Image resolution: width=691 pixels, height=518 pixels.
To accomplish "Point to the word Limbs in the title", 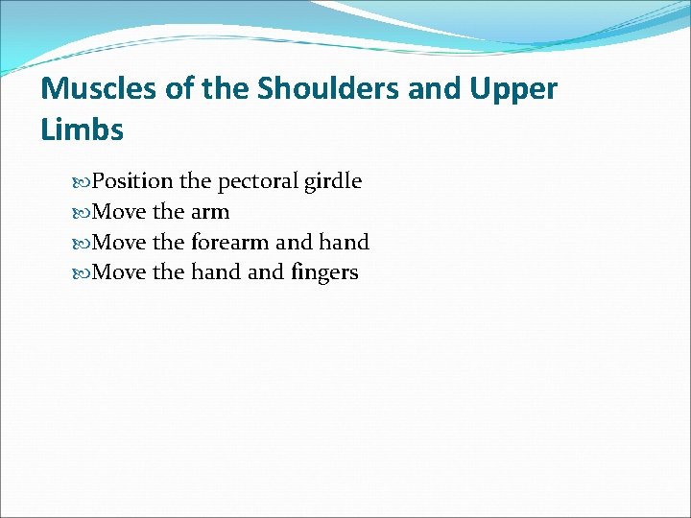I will (x=83, y=129).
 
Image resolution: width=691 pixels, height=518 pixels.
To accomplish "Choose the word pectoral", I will (x=259, y=180).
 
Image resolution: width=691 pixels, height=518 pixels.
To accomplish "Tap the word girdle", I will (x=333, y=180).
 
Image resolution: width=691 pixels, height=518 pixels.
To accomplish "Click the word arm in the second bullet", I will (x=210, y=211).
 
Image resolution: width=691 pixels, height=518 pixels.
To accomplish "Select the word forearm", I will (x=230, y=242).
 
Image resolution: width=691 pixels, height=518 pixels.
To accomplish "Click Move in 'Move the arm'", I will (x=122, y=211).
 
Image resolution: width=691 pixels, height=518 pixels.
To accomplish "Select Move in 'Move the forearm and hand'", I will (x=122, y=242).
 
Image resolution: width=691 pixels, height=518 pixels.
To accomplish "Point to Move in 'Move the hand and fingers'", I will (x=122, y=272).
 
